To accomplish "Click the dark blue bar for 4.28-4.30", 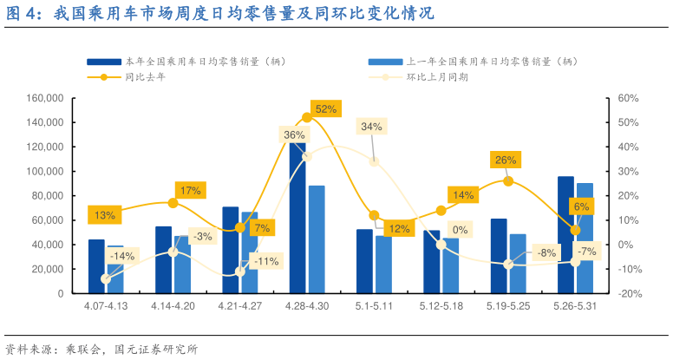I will (297, 226).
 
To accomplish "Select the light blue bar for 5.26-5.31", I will (585, 238).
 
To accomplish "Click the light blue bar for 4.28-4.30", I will (317, 239).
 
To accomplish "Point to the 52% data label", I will (326, 109).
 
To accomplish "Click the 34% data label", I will (371, 127).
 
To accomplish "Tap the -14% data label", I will (122, 256).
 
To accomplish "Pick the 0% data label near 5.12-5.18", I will (460, 230).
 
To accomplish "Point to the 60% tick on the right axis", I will (626, 98).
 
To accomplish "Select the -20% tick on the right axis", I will (628, 293).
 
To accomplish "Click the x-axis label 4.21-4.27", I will (238, 306).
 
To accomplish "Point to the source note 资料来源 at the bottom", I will (101, 349).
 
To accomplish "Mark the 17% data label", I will (189, 190).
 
